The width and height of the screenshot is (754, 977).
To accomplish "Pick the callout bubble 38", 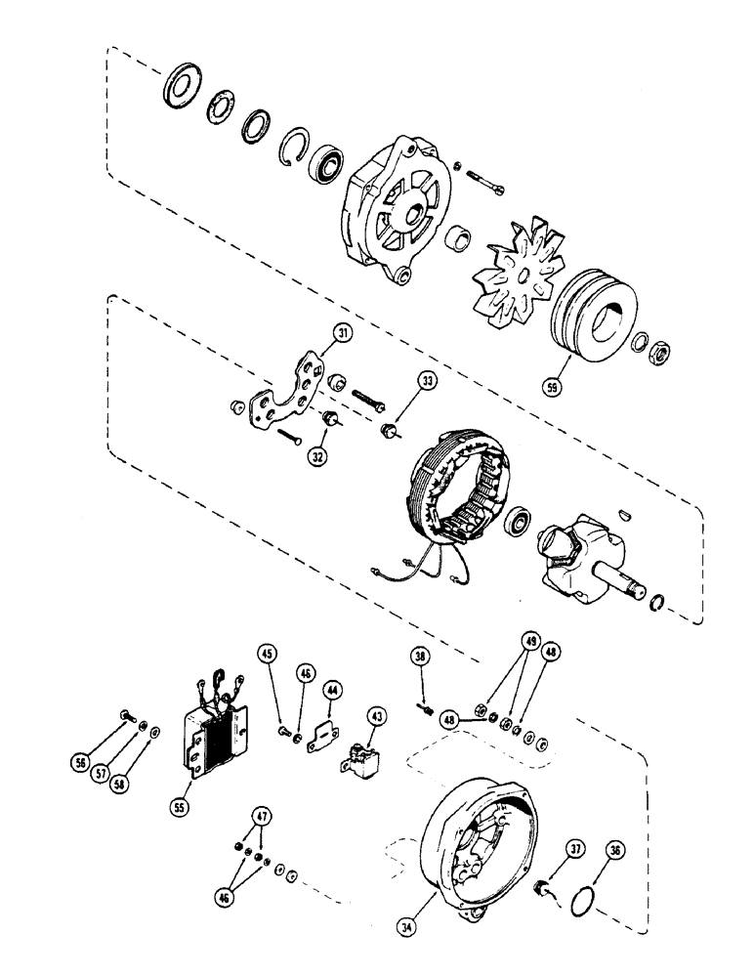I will [x=421, y=658].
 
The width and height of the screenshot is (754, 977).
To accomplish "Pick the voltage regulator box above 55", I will [x=217, y=733].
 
